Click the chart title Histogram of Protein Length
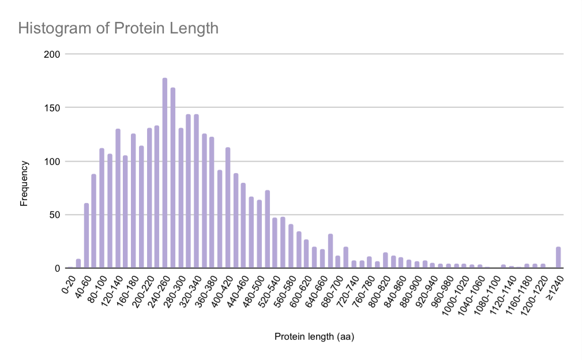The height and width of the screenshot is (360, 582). tap(118, 28)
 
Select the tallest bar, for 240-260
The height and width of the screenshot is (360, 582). tap(165, 173)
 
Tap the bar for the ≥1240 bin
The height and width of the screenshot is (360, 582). tap(558, 257)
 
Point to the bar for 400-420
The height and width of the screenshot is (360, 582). tap(228, 208)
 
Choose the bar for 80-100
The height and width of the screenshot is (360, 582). tap(102, 208)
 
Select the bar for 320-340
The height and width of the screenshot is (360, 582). tap(196, 191)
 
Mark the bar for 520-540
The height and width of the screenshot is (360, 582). tap(275, 243)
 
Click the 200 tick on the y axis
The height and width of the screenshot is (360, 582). tap(53, 54)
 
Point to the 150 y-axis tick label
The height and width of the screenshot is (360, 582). tap(53, 107)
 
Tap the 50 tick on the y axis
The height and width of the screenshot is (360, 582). tap(55, 215)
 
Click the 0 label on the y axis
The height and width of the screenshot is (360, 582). tap(58, 268)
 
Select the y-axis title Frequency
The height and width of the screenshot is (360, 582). tap(24, 183)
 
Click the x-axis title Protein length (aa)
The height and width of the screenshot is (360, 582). tap(314, 336)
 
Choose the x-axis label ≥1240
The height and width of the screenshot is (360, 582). tap(555, 284)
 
